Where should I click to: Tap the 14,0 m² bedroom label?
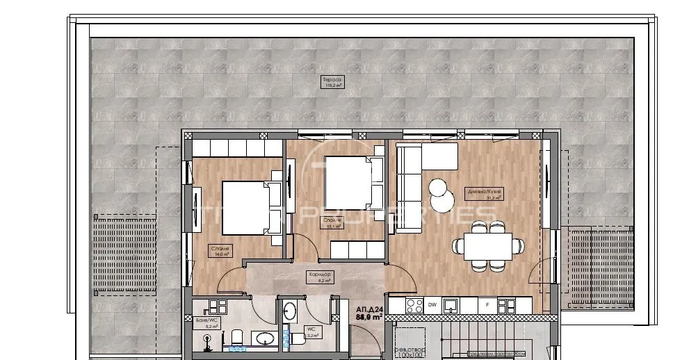[x=222, y=251]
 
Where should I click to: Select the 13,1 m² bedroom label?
[x=330, y=222]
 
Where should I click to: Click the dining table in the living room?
[x=488, y=245]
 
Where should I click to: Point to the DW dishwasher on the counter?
[x=432, y=304]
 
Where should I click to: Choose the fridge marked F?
[x=487, y=304]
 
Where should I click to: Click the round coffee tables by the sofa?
[x=439, y=195]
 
